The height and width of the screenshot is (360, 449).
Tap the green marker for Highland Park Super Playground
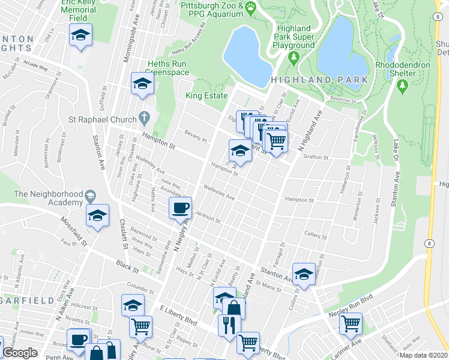click(294, 58)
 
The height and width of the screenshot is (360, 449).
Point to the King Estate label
click(206, 96)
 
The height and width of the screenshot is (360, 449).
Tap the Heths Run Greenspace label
click(168, 68)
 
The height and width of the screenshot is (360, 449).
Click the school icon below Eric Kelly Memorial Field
click(80, 35)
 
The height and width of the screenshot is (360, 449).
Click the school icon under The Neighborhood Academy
click(97, 215)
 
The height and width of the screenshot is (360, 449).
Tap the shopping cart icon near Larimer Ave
click(351, 323)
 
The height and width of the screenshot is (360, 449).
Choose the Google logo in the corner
click(20, 353)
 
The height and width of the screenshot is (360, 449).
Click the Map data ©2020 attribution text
click(423, 355)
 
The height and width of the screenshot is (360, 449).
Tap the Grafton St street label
click(317, 157)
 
